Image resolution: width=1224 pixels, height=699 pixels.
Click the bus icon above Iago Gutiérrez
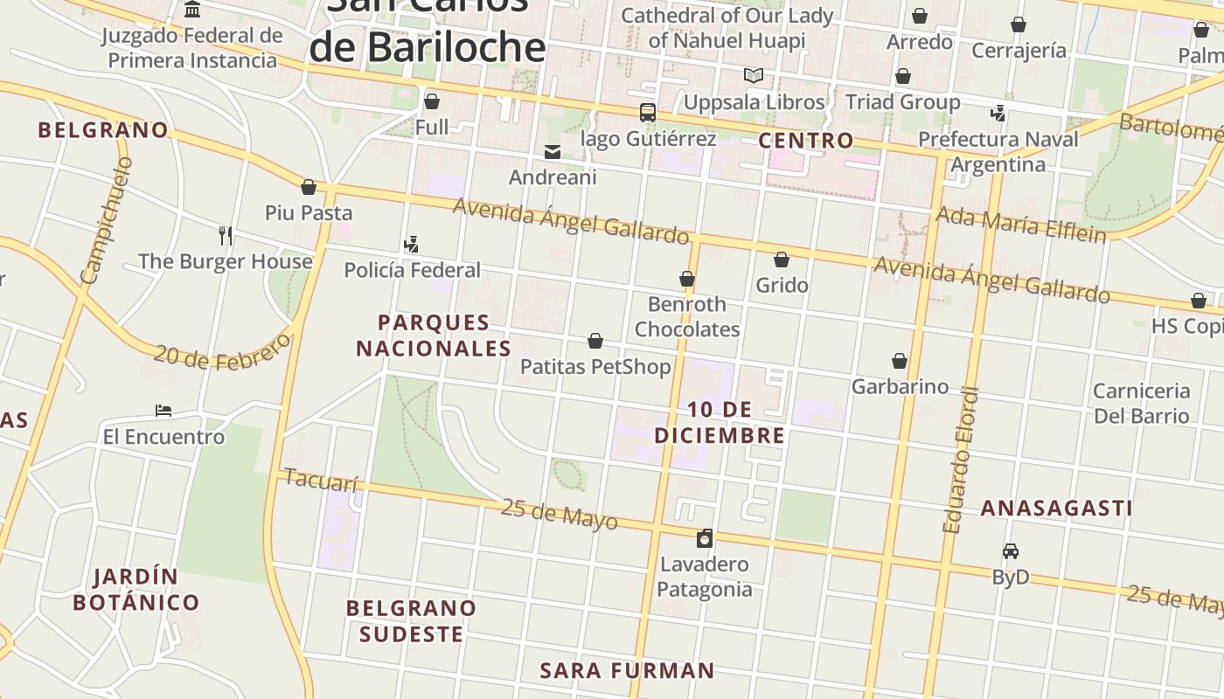click(x=648, y=112)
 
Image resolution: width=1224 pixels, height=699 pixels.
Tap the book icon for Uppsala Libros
click(x=754, y=76)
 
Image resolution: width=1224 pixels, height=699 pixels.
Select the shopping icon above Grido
click(x=782, y=260)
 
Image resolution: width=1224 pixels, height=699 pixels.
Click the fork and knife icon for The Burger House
click(x=226, y=235)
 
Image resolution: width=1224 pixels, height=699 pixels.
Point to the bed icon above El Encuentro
click(x=163, y=411)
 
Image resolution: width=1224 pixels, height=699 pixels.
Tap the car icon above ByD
click(x=1011, y=551)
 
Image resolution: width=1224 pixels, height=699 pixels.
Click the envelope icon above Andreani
click(x=553, y=152)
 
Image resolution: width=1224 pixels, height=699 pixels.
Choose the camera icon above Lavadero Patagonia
click(x=705, y=538)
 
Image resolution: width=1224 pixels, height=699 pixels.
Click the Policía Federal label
click(x=413, y=270)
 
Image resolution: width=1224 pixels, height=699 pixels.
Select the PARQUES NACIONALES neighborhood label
click(x=434, y=336)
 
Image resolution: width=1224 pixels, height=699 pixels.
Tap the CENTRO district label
click(x=805, y=141)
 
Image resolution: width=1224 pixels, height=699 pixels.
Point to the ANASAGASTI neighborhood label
click(x=1056, y=509)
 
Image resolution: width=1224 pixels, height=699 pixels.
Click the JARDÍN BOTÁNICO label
click(x=136, y=590)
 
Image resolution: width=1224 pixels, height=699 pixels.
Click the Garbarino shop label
click(x=900, y=386)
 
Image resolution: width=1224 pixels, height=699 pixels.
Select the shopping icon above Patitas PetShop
click(x=595, y=341)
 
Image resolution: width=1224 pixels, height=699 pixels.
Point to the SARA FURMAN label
click(x=627, y=671)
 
